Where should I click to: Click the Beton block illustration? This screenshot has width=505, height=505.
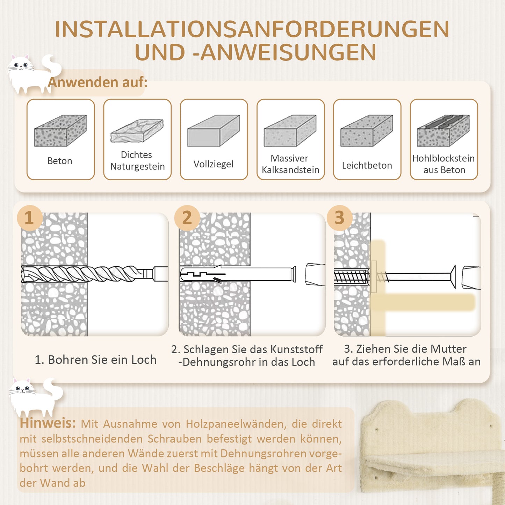coord(60,130)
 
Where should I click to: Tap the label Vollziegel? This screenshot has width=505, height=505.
coord(213,164)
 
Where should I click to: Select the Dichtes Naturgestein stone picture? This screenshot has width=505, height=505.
coord(137,131)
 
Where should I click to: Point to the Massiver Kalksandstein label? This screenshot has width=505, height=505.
coord(290,164)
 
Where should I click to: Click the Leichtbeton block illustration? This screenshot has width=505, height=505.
coord(367,130)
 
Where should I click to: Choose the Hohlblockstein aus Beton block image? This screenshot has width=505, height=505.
coord(443,130)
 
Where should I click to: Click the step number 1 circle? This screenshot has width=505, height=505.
coord(29,218)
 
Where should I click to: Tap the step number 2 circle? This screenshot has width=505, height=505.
coord(187,218)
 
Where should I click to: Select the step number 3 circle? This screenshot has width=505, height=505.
coord(339,218)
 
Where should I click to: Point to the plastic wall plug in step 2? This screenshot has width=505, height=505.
coord(238,274)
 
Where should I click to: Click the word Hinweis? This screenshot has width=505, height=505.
coord(48,423)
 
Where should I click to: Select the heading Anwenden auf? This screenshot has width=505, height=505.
coord(98,82)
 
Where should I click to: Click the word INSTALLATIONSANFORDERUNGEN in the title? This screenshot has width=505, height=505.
coord(252,29)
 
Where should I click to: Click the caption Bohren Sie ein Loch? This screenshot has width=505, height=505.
coord(95,360)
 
